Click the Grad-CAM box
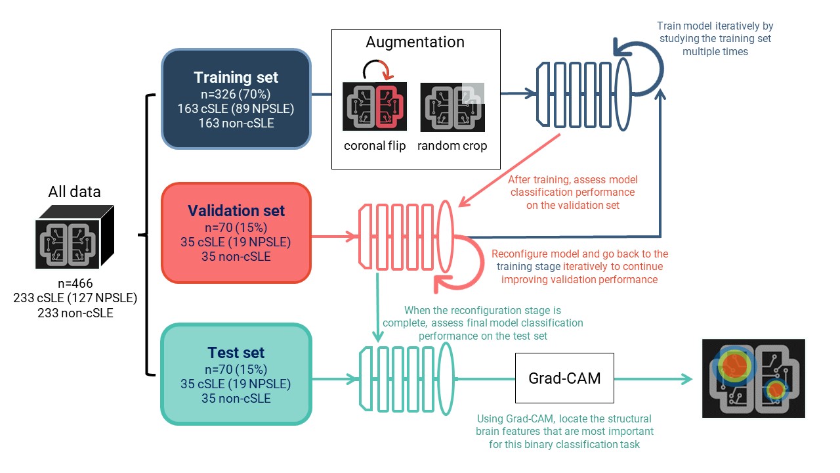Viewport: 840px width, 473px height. [x=564, y=378]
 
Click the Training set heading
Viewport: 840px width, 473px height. [x=236, y=77]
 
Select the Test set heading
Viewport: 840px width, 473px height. [x=236, y=353]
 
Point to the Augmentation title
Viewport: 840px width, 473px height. [x=415, y=42]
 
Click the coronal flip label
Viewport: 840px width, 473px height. [x=375, y=145]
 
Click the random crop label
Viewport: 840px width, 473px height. [x=452, y=145]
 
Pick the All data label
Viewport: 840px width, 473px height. [x=75, y=192]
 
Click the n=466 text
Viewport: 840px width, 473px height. [x=75, y=284]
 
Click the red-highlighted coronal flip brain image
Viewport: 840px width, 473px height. [x=375, y=106]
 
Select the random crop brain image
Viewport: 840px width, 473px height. [x=452, y=106]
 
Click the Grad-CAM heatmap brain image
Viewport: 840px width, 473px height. [x=753, y=378]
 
